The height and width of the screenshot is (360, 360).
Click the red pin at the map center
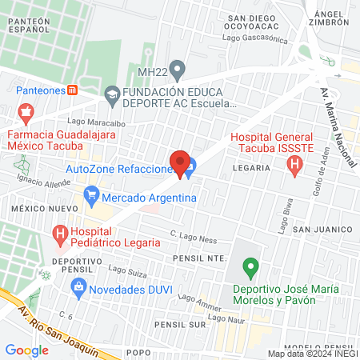click(180, 162)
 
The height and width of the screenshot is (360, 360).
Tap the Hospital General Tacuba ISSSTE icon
click(294, 166)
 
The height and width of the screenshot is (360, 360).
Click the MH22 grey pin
click(179, 70)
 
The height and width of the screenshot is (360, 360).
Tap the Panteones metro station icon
click(72, 90)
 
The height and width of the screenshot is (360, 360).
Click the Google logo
click(27, 350)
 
